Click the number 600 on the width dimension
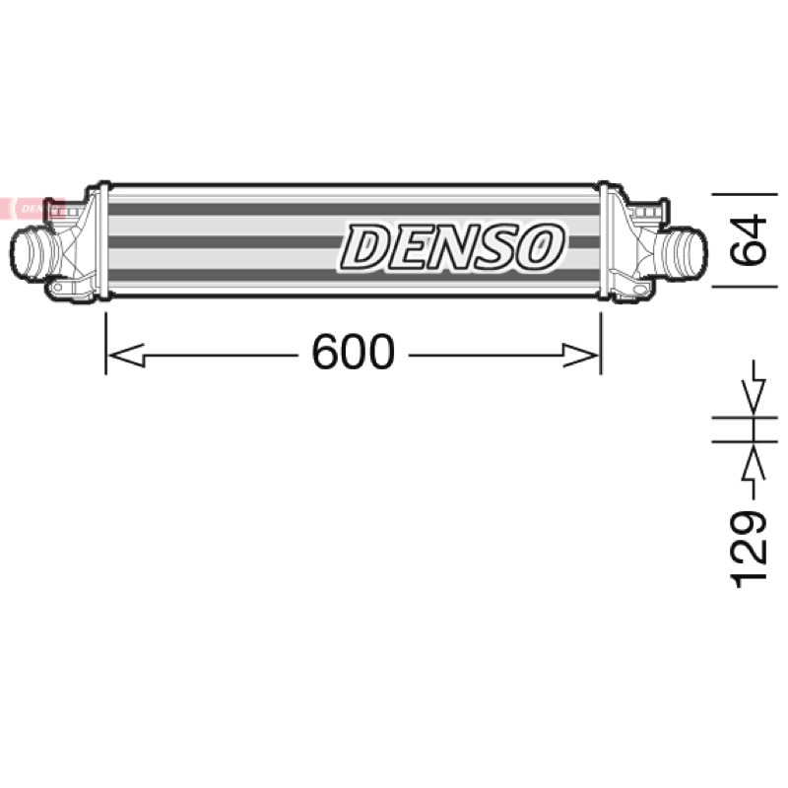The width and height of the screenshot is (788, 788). pos(354,352)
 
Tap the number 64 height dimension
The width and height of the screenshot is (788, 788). pos(749,240)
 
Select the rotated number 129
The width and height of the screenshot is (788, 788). pos(749,550)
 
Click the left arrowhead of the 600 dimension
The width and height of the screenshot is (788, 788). pos(127,356)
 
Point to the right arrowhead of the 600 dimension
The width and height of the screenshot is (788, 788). pos(580,356)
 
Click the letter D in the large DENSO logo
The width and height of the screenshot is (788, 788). pos(366,246)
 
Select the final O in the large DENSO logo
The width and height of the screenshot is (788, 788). pos(539,246)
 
